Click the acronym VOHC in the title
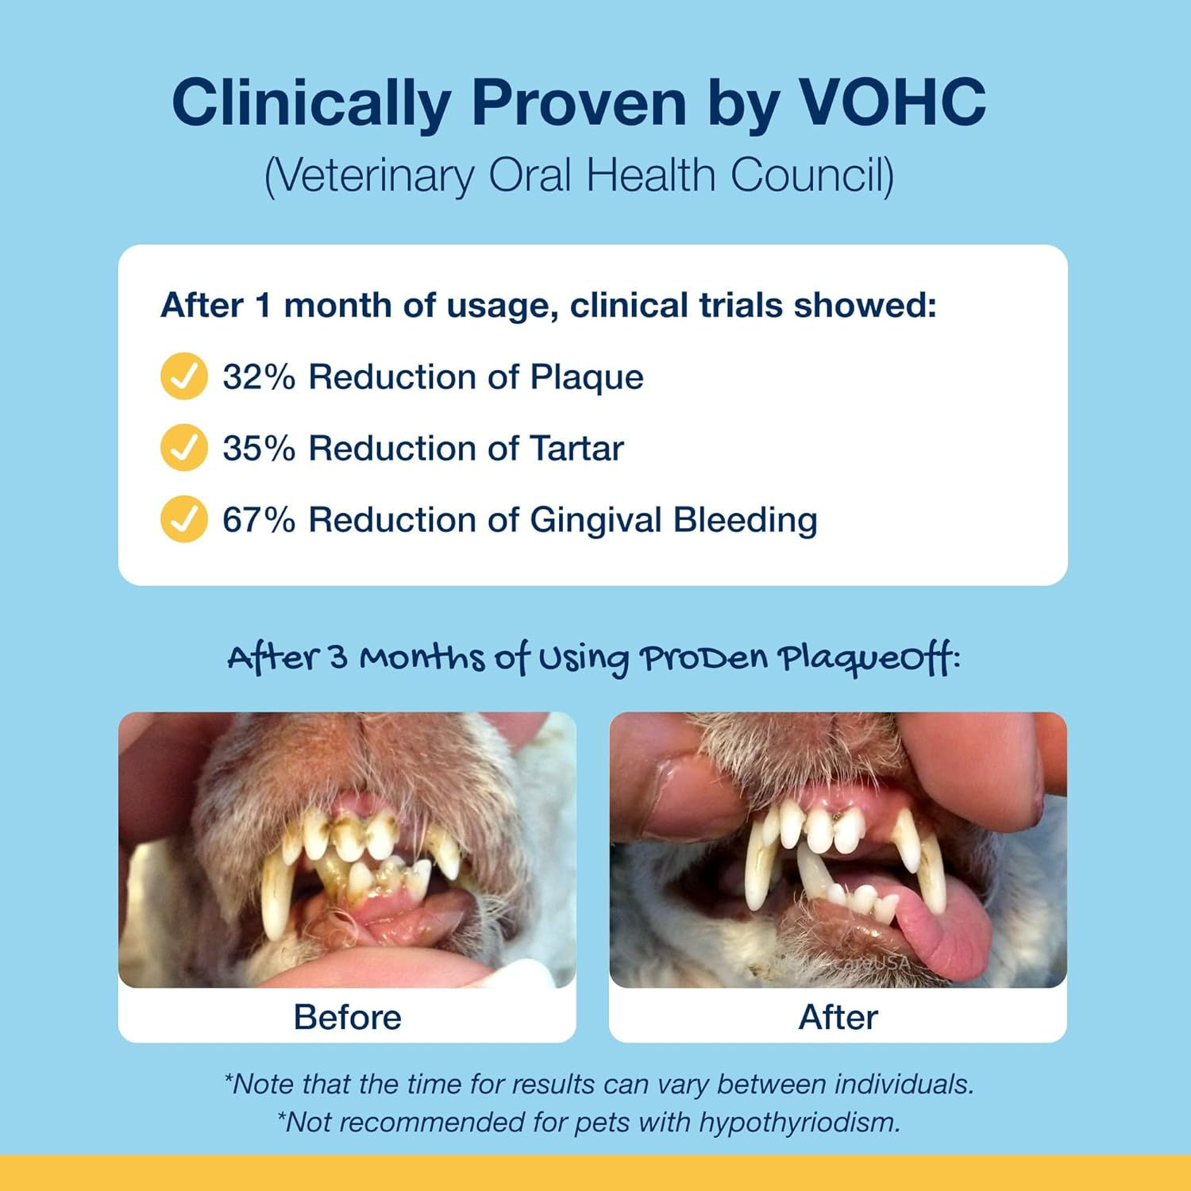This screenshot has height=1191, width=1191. pos(892,102)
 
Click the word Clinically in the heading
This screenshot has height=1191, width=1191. pos(311,104)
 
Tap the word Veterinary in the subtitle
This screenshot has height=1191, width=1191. pos(369,176)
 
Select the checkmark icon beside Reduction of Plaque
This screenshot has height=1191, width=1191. pos(184,376)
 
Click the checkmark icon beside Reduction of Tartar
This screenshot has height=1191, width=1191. pos(184,448)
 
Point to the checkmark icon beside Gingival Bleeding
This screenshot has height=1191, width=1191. pos(184,519)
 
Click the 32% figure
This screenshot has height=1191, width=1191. pos(259,377)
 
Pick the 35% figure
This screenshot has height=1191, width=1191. pos(259,449)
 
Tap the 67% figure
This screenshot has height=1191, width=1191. pos(259,520)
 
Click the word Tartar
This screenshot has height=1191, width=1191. pos(577,449)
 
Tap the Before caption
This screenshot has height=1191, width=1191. pos(348,1017)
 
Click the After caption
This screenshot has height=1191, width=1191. pos(838,1017)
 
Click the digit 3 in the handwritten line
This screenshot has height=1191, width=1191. pos(338,658)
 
